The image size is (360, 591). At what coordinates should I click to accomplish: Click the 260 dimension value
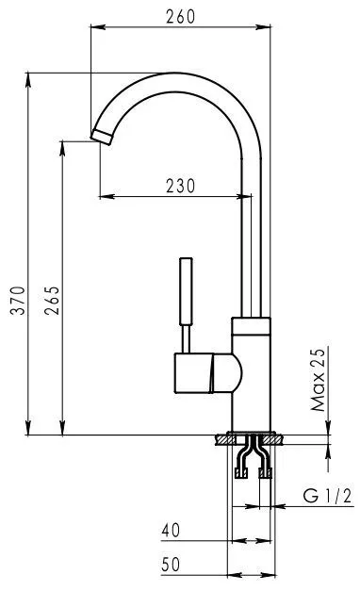[x=181, y=16]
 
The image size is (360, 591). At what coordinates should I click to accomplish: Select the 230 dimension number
[x=181, y=186]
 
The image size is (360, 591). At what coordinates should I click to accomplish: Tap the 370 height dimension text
[x=18, y=300]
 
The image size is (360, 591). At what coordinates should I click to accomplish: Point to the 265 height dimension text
[x=52, y=300]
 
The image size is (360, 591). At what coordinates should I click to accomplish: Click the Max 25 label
[x=318, y=380]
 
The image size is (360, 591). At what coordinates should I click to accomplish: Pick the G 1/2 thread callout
[x=327, y=495]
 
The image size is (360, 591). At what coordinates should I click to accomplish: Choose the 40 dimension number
[x=171, y=531]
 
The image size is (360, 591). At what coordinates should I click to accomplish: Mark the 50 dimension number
[x=171, y=565]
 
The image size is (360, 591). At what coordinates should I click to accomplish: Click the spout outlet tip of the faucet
[x=101, y=137]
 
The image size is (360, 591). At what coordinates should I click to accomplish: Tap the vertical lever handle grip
[x=187, y=290]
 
